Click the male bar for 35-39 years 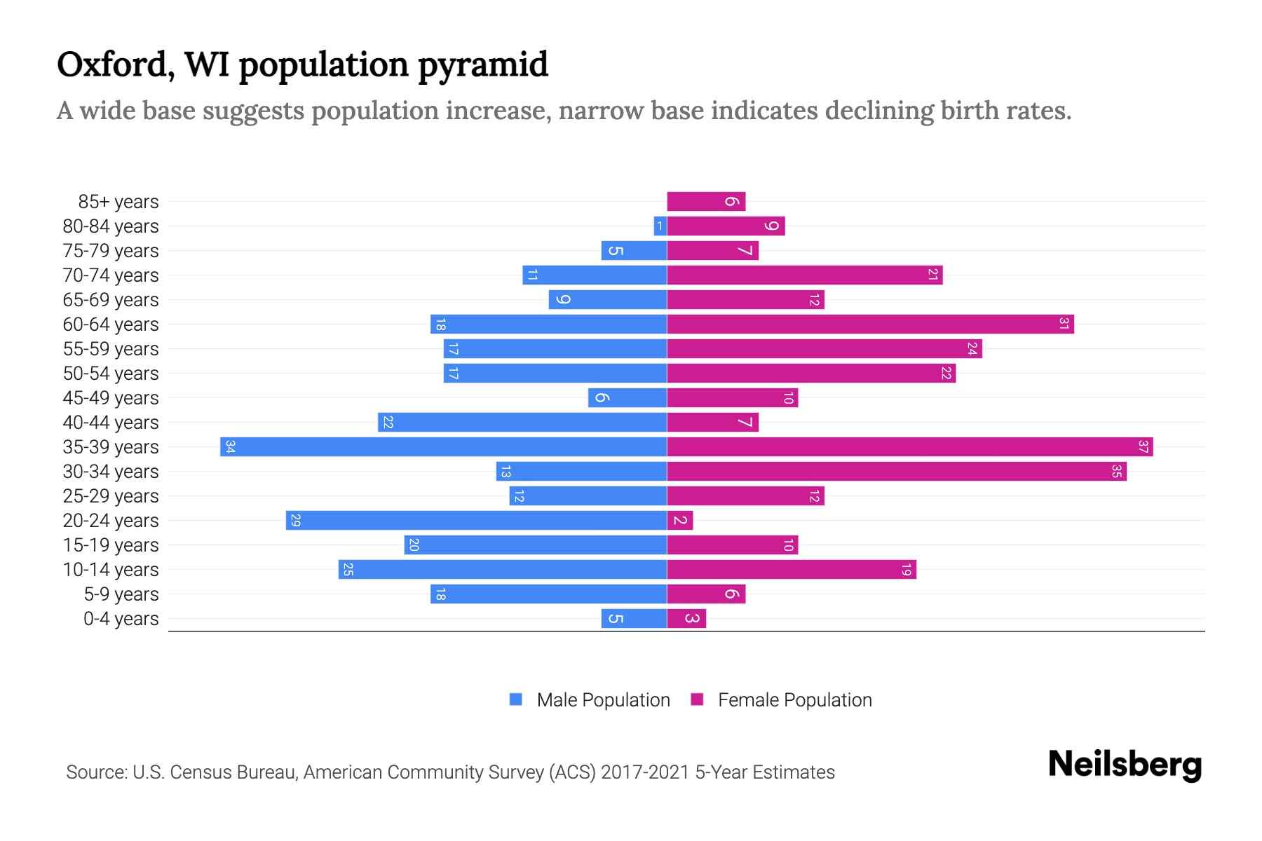pyautogui.click(x=443, y=447)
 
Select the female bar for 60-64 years pyautogui.click(x=869, y=324)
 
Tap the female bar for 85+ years pyautogui.click(x=706, y=202)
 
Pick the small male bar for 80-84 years pyautogui.click(x=660, y=226)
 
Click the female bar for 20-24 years pyautogui.click(x=679, y=521)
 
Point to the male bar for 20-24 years pyautogui.click(x=477, y=521)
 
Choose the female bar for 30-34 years pyautogui.click(x=896, y=472)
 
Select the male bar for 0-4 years pyautogui.click(x=634, y=619)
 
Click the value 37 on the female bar pyautogui.click(x=1143, y=447)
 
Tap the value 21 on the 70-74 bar pyautogui.click(x=932, y=275)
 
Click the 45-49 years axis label pyautogui.click(x=111, y=398)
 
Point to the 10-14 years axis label pyautogui.click(x=111, y=570)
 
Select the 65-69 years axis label pyautogui.click(x=111, y=300)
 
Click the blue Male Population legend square pyautogui.click(x=516, y=699)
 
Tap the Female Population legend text pyautogui.click(x=794, y=700)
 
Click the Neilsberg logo pyautogui.click(x=1125, y=765)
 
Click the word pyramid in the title pyautogui.click(x=483, y=65)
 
